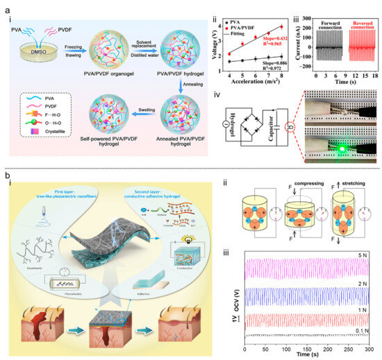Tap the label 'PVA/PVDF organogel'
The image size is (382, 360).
pos(101,73)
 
